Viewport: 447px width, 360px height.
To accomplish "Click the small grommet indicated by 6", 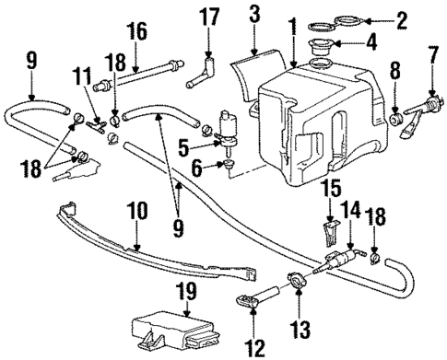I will click(x=226, y=165).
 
